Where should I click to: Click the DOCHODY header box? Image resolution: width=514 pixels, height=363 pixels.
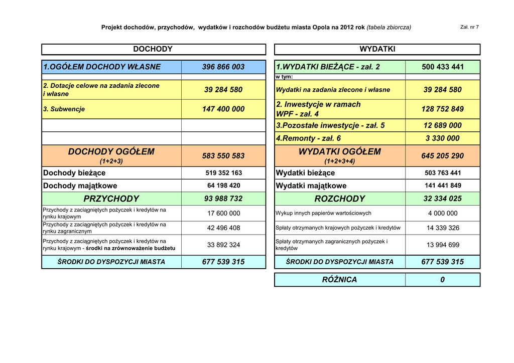pyautogui.click(x=153, y=49)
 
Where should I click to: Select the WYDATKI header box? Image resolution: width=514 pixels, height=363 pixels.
pyautogui.click(x=377, y=49)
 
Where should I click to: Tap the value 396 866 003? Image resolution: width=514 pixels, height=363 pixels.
pyautogui.click(x=223, y=67)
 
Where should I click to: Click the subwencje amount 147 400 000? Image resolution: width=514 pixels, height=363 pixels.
pyautogui.click(x=223, y=109)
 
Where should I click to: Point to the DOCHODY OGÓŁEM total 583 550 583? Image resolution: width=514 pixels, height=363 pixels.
pyautogui.click(x=223, y=156)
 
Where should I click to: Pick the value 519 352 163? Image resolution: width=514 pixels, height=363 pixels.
pyautogui.click(x=223, y=173)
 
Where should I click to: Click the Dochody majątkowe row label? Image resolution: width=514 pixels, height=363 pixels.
pyautogui.click(x=80, y=186)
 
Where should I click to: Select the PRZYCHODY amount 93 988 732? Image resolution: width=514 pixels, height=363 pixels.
pyautogui.click(x=223, y=199)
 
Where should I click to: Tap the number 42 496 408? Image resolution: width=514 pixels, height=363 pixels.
pyautogui.click(x=223, y=228)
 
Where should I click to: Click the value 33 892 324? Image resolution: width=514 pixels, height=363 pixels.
pyautogui.click(x=223, y=245)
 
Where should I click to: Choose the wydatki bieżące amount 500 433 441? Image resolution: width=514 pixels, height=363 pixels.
pyautogui.click(x=443, y=67)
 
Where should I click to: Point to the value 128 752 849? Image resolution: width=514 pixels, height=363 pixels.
pyautogui.click(x=443, y=109)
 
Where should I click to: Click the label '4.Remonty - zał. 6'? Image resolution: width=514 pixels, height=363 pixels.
pyautogui.click(x=308, y=138)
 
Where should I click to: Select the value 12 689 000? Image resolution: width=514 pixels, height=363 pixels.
pyautogui.click(x=443, y=125)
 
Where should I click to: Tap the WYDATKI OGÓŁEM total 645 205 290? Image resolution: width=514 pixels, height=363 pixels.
pyautogui.click(x=443, y=156)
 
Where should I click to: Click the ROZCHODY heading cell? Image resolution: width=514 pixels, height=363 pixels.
pyautogui.click(x=340, y=199)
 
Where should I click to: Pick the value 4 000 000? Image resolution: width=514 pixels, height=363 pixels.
pyautogui.click(x=443, y=213)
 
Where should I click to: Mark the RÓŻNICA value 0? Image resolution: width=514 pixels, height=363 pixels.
pyautogui.click(x=442, y=280)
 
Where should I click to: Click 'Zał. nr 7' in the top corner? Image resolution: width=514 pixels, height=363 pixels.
pyautogui.click(x=469, y=27)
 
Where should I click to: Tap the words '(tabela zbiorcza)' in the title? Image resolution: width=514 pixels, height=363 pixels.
pyautogui.click(x=389, y=27)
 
